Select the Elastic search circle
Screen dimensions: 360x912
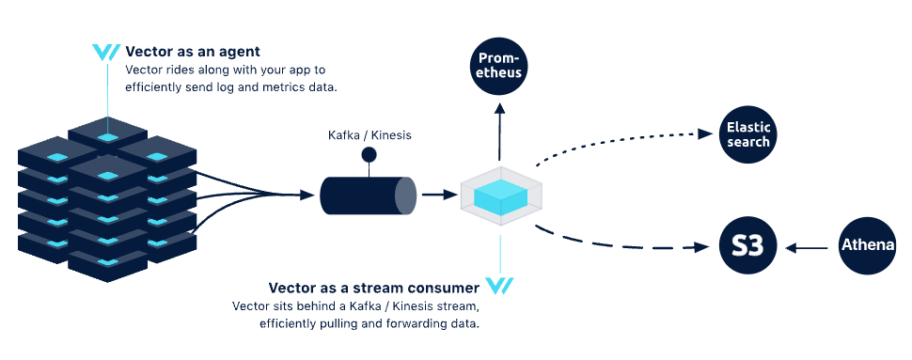[x=748, y=134]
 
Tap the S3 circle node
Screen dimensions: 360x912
[x=748, y=247]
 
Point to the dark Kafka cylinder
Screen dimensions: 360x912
[x=368, y=195]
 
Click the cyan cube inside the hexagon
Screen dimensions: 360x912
[x=501, y=196]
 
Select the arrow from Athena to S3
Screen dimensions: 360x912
[x=807, y=248]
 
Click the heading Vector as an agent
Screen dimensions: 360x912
[x=193, y=52]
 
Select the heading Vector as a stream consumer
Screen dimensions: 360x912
[x=374, y=287]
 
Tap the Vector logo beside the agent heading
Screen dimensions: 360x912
[x=106, y=53]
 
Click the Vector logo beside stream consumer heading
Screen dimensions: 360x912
[x=499, y=287]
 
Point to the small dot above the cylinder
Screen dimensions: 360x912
[x=370, y=154]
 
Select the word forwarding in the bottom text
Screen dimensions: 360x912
[x=405, y=324]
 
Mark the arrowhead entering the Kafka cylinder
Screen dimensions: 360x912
[x=307, y=195]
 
